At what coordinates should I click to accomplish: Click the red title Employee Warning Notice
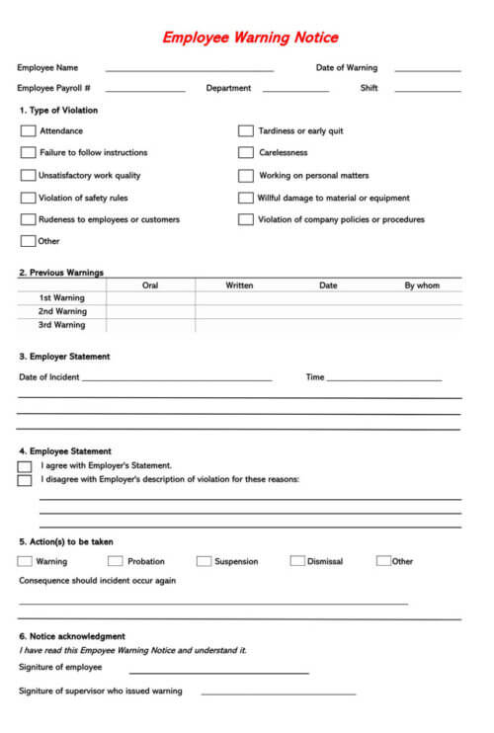(x=250, y=38)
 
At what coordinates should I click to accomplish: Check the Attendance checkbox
(x=28, y=130)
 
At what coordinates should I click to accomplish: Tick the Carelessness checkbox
(x=245, y=153)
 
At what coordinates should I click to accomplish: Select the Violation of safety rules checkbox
(x=28, y=198)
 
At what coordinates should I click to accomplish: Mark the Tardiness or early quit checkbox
(x=245, y=130)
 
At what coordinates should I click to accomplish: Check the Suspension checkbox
(x=204, y=561)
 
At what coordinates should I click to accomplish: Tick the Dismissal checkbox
(x=297, y=561)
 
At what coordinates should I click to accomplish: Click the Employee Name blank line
(x=189, y=69)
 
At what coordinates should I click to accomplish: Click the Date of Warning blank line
(x=427, y=69)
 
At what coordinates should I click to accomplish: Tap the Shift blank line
(x=427, y=89)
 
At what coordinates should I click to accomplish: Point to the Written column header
(x=239, y=285)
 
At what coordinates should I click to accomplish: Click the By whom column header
(x=422, y=285)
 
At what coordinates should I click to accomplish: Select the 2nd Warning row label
(x=62, y=311)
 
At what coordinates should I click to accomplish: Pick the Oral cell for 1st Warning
(x=150, y=298)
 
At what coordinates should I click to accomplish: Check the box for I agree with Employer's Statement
(x=25, y=466)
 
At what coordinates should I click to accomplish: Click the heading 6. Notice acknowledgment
(x=72, y=636)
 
